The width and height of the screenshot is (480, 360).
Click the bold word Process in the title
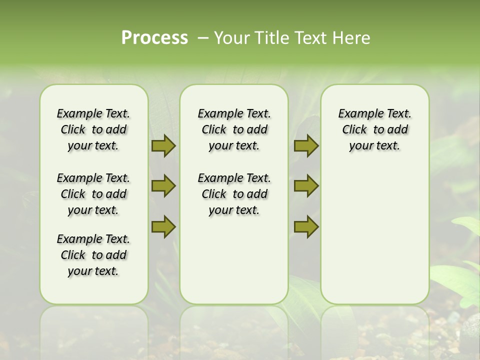[x=154, y=38]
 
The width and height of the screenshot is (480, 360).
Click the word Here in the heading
[x=352, y=38]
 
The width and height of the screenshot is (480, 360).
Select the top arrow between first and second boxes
[x=163, y=145]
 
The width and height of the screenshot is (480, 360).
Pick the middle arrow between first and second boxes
[x=163, y=186]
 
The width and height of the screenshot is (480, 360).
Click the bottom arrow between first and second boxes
[x=163, y=227]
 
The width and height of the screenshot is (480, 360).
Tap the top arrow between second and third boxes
[x=306, y=145]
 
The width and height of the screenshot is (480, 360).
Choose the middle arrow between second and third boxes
[x=306, y=186]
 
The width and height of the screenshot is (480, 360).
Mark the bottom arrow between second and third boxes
[x=306, y=227]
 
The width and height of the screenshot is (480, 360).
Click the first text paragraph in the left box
[x=93, y=129]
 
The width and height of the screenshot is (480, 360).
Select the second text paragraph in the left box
[x=93, y=194]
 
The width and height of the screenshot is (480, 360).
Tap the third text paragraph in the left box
[x=93, y=255]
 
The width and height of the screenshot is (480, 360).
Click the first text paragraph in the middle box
[x=234, y=129]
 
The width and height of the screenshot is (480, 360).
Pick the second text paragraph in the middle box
[x=234, y=194]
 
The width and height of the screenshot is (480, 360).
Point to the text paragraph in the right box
[x=374, y=129]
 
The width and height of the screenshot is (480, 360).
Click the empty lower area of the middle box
[x=234, y=260]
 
